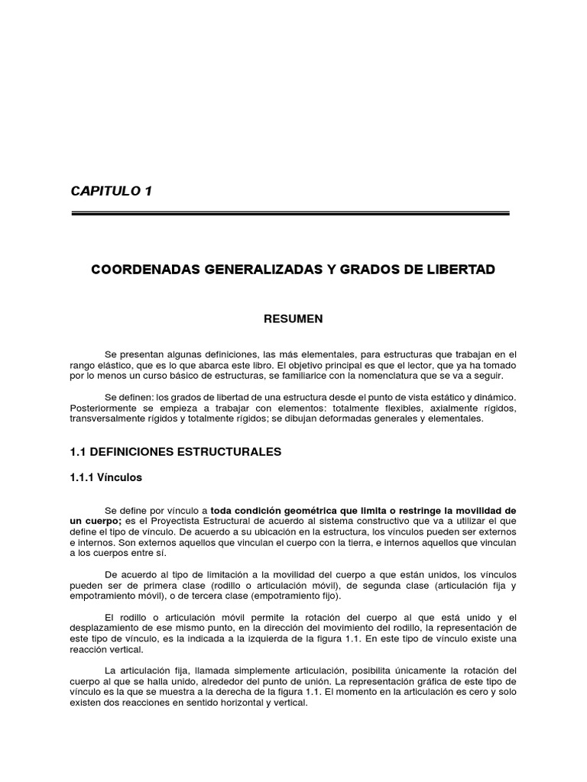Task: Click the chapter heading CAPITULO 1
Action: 112,191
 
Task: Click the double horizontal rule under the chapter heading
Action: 290,214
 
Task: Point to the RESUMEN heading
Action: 293,319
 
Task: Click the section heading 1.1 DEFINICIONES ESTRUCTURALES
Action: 176,452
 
